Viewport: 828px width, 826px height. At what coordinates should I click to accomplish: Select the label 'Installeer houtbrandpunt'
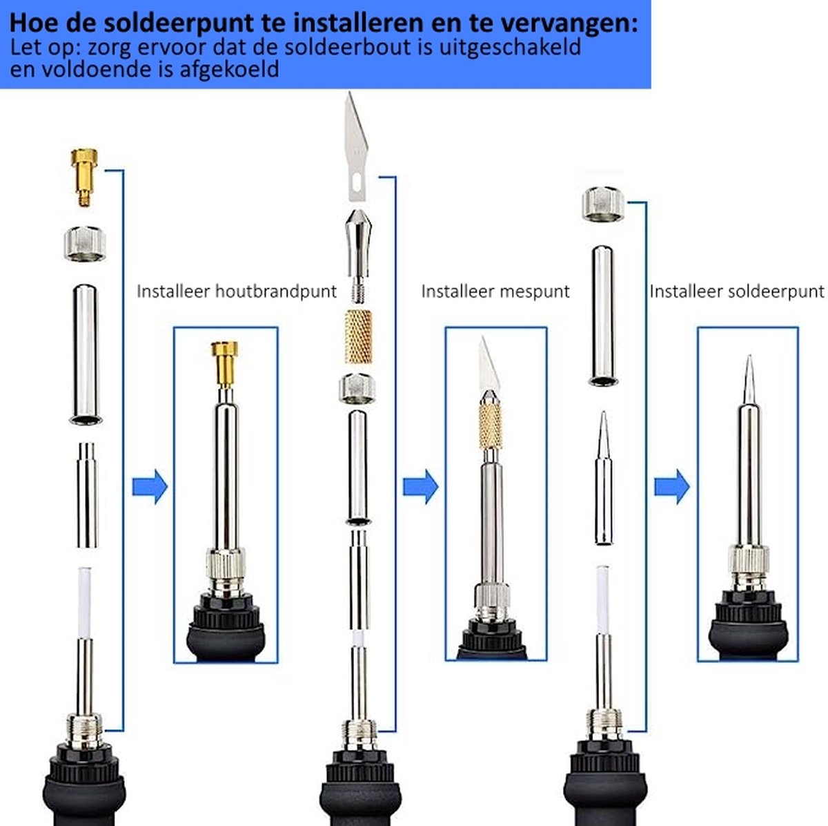click(237, 291)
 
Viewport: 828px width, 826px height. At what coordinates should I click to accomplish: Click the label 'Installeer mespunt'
click(495, 291)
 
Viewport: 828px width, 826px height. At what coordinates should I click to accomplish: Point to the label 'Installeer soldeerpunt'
click(737, 291)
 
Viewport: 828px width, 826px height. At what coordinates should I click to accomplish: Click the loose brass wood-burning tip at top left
click(84, 177)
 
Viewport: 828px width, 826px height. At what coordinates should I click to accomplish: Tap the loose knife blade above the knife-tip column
click(356, 146)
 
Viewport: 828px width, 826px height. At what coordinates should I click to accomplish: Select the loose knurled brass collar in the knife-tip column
click(358, 337)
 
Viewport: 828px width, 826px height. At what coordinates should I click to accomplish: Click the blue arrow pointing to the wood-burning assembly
click(150, 487)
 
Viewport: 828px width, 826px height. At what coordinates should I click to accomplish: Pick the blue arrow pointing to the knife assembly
click(420, 487)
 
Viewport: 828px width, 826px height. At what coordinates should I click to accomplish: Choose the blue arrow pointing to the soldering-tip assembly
click(672, 487)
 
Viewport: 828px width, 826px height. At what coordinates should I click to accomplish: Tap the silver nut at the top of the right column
click(603, 204)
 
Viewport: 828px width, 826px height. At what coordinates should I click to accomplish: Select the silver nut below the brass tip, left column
click(85, 244)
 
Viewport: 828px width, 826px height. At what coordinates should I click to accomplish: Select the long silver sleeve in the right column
click(603, 316)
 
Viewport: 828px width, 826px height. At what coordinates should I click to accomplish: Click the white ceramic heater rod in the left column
click(85, 603)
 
